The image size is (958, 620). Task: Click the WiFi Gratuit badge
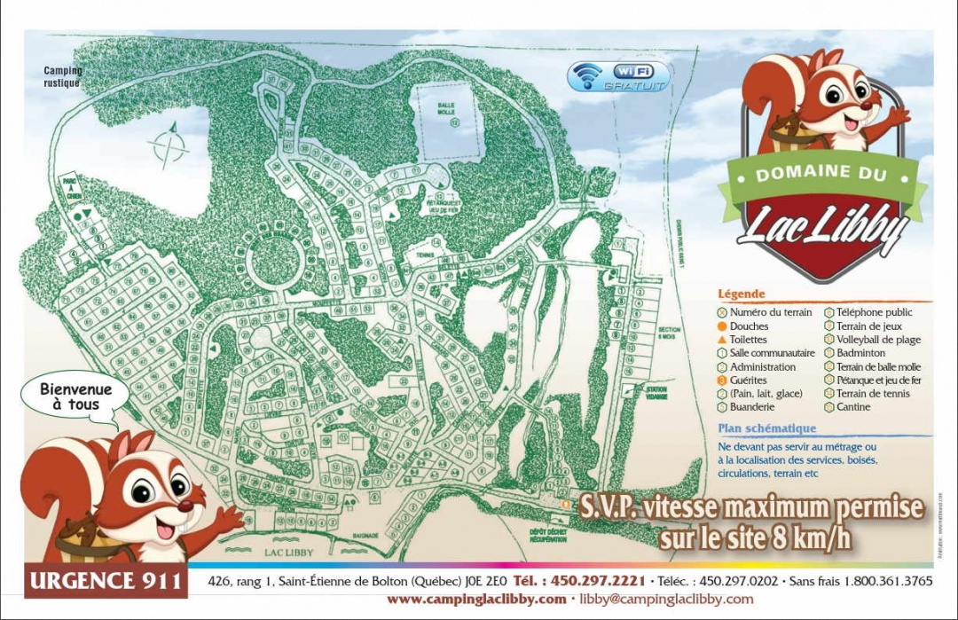[x=619, y=77]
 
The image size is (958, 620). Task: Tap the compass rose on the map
[x=169, y=146]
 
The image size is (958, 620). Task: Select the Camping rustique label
[x=63, y=77]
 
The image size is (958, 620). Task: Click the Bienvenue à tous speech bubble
[x=75, y=396]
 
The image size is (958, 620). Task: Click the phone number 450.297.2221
[x=579, y=581]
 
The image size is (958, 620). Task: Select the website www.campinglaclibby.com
[x=476, y=599]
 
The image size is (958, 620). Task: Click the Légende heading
[x=742, y=294]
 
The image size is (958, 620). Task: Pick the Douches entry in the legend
[x=749, y=326]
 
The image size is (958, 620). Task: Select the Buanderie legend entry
[x=751, y=407]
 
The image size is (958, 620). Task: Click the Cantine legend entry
[x=852, y=407]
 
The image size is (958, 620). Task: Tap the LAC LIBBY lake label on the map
[x=288, y=552]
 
